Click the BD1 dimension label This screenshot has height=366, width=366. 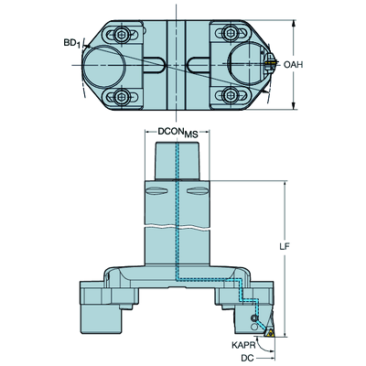point(72,43)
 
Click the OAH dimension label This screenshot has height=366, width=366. point(293,65)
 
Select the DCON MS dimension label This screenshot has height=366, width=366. point(178,132)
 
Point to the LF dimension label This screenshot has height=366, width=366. point(285,246)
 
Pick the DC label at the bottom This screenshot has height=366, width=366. point(247,358)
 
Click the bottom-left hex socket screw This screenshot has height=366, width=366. point(122,97)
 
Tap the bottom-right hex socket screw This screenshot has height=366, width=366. point(230,95)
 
